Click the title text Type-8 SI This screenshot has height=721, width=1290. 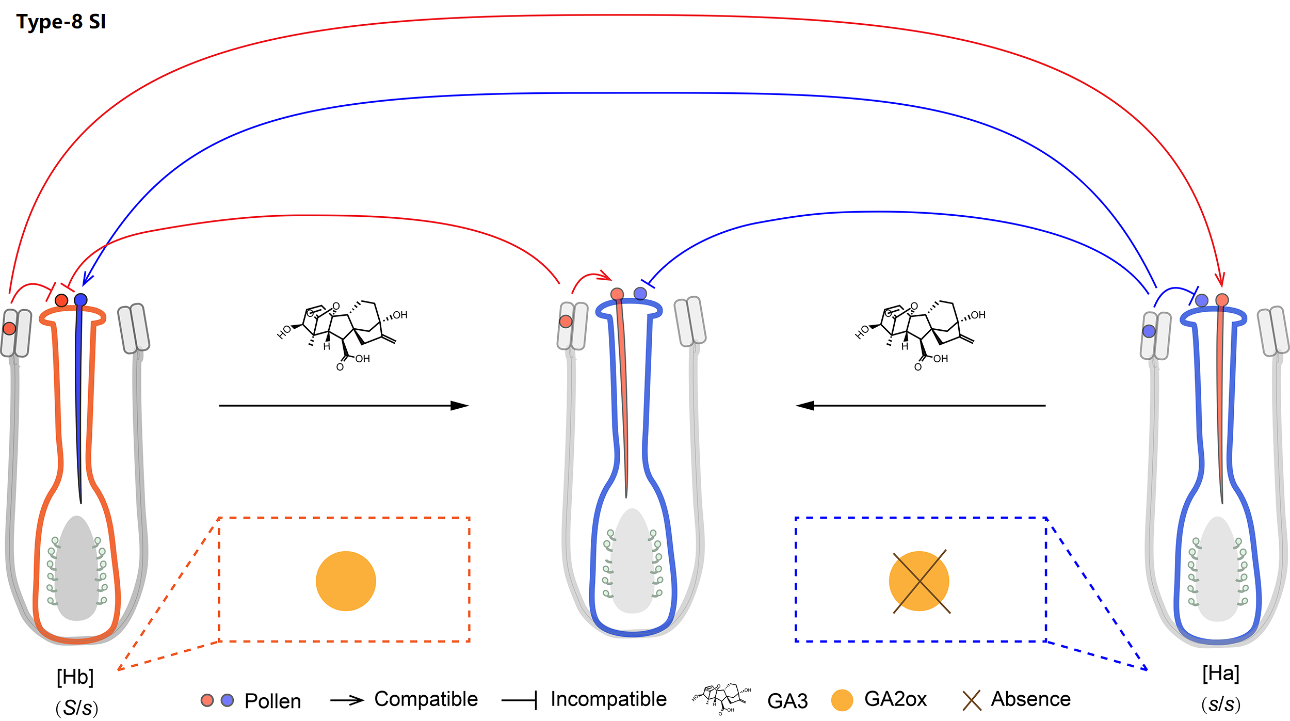(x=61, y=22)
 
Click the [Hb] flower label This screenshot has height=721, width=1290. (x=75, y=677)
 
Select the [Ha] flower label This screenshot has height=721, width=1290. (x=1220, y=673)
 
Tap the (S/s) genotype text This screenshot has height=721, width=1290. (x=76, y=707)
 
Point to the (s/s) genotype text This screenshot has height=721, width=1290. (x=1221, y=703)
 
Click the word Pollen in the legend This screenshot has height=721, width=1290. (x=272, y=701)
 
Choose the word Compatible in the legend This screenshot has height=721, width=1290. (x=426, y=699)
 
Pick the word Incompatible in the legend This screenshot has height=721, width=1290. (x=608, y=699)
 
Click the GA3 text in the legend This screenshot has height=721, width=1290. (x=787, y=701)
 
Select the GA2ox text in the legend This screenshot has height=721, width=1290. (x=895, y=699)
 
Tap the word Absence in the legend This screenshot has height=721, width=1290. (x=1030, y=699)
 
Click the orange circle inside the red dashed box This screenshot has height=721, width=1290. (x=346, y=581)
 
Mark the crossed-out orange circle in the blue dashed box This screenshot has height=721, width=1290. (x=919, y=581)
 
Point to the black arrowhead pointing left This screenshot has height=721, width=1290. (x=805, y=406)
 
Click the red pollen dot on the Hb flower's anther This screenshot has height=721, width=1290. (x=9, y=328)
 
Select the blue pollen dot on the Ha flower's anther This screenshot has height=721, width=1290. (x=1149, y=331)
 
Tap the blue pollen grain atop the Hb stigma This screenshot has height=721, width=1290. (x=80, y=300)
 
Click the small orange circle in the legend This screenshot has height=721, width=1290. (x=842, y=700)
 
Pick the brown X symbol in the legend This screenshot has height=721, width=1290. (x=972, y=700)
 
